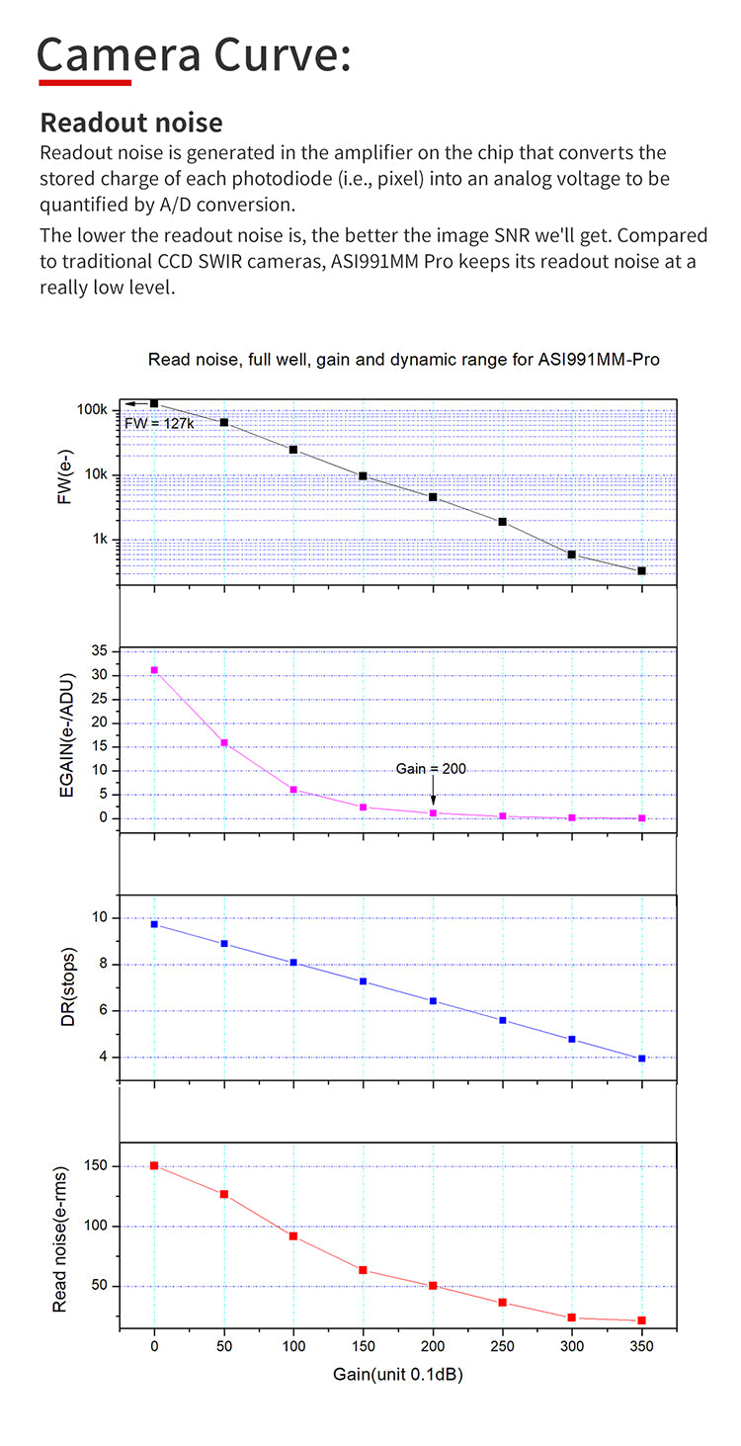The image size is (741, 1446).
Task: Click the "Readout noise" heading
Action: point(131,123)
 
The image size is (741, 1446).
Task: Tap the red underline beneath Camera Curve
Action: point(84,82)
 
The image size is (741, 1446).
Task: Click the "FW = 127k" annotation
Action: point(158,422)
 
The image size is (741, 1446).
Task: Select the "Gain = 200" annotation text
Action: point(431,768)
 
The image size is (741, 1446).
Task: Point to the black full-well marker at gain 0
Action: point(154,403)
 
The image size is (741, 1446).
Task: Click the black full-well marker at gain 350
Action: point(641,571)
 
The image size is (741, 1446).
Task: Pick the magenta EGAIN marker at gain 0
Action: point(154,670)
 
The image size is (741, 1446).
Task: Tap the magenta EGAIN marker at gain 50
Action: point(224,742)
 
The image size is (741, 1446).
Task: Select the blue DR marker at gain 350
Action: point(641,1059)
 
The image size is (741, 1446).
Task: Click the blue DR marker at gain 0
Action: point(154,924)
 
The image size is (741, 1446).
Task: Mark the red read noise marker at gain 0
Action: point(154,1165)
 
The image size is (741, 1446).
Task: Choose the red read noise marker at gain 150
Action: point(363,1270)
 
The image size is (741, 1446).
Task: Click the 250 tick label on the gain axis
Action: point(502,1347)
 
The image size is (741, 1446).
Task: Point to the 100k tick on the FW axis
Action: point(92,409)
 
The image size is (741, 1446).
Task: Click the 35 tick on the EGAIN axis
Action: point(99,651)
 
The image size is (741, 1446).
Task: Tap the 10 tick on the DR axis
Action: point(100,918)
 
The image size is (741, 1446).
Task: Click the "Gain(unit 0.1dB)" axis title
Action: point(398,1375)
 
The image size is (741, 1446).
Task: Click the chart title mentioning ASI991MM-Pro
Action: point(403,360)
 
